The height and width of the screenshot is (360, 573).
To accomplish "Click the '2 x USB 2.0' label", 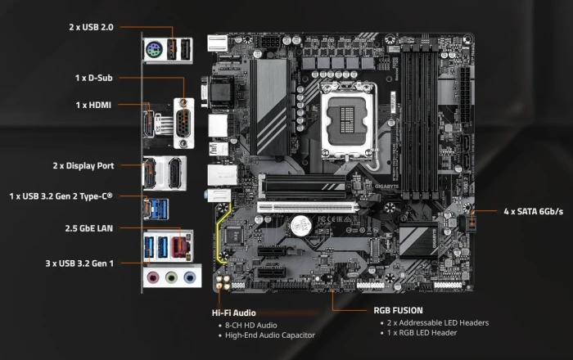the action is [91, 27].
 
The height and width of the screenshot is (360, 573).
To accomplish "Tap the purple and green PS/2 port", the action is [154, 50].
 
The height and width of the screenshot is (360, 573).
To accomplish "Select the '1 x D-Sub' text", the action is [93, 78].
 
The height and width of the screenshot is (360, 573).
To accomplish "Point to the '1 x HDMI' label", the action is [93, 106].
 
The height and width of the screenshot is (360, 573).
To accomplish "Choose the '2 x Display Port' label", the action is [83, 166].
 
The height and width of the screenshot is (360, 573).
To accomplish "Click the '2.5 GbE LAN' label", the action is [88, 228].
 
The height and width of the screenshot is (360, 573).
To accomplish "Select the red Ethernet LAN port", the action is [180, 247].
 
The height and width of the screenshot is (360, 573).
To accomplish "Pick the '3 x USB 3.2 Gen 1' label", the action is [79, 263].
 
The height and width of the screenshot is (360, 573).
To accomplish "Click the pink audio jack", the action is [153, 278].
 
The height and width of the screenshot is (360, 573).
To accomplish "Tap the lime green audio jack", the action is [171, 278].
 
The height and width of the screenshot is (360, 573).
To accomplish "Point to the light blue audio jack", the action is [189, 278].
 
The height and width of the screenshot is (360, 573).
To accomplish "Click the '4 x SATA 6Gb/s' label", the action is [533, 211].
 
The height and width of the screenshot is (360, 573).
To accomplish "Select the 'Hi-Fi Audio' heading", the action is [233, 313].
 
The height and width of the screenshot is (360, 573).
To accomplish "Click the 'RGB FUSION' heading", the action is [398, 311].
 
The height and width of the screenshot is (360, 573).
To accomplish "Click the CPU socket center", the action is [347, 120].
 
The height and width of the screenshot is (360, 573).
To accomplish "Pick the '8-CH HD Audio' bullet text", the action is [250, 326].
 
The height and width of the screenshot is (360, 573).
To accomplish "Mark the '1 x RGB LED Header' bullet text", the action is [422, 333].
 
